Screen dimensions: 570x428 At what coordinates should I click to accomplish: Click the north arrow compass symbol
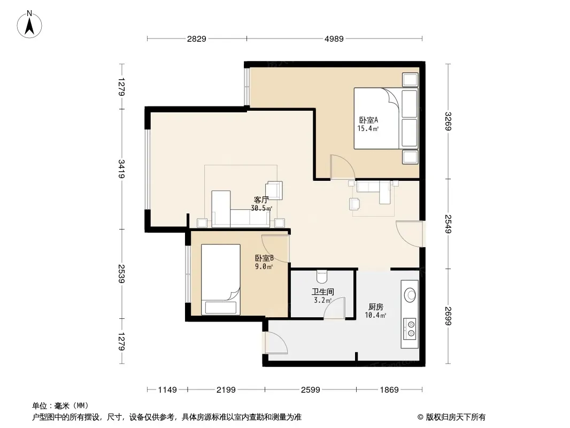pyautogui.click(x=29, y=24)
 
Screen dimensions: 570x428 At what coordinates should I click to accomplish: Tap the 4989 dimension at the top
pyautogui.click(x=334, y=39)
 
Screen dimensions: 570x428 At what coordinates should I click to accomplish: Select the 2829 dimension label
pyautogui.click(x=197, y=39)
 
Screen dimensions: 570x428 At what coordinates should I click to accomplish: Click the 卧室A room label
pyautogui.click(x=368, y=120)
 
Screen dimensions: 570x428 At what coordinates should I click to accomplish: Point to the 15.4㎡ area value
pyautogui.click(x=368, y=128)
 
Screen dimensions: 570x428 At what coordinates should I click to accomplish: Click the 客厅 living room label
pyautogui.click(x=261, y=200)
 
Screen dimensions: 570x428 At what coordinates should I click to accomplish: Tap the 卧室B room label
pyautogui.click(x=264, y=258)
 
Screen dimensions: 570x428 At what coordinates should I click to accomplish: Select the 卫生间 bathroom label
pyautogui.click(x=323, y=292)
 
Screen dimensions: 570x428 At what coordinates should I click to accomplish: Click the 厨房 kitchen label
pyautogui.click(x=375, y=307)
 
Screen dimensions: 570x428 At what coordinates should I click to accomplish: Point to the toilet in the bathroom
pyautogui.click(x=322, y=277)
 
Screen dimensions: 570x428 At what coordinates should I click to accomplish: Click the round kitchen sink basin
pyautogui.click(x=410, y=295)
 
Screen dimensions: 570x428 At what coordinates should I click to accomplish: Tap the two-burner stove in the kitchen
pyautogui.click(x=410, y=328)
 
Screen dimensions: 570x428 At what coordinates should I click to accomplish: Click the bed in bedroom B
pyautogui.click(x=221, y=279)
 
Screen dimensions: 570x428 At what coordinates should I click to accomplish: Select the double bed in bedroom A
pyautogui.click(x=386, y=118)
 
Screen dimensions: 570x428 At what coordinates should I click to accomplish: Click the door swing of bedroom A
pyautogui.click(x=342, y=166)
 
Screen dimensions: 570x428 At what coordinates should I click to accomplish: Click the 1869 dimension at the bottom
pyautogui.click(x=389, y=390)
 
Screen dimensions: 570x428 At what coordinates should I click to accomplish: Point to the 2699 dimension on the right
pyautogui.click(x=448, y=316)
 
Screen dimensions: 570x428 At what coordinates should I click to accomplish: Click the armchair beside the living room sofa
pyautogui.click(x=274, y=190)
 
